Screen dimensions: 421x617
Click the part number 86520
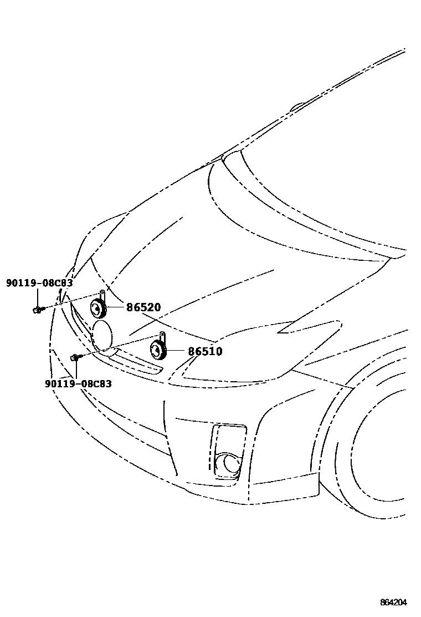coord(143,307)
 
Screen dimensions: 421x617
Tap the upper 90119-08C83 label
coord(39,283)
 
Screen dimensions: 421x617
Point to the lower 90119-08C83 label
coord(78,383)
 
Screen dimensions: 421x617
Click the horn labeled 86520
coord(98,308)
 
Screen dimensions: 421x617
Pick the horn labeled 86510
coord(158,349)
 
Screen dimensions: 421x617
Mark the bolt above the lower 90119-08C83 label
coord(75,357)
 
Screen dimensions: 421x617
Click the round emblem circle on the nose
coord(103,336)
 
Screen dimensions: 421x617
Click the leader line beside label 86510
coord(176,351)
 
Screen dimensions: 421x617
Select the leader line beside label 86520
coord(115,307)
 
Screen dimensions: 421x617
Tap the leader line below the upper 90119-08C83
coord(37,297)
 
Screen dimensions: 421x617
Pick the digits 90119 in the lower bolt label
coord(57,383)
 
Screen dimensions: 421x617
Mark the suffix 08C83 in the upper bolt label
coord(58,283)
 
